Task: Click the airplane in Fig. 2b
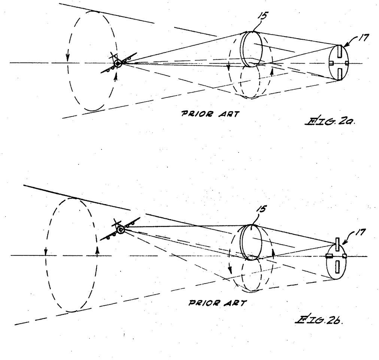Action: click(x=121, y=229)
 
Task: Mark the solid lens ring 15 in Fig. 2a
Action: click(x=250, y=49)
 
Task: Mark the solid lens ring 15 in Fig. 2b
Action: click(x=250, y=242)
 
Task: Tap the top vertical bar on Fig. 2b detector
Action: click(x=337, y=244)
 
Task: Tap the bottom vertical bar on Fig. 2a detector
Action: click(x=338, y=73)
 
